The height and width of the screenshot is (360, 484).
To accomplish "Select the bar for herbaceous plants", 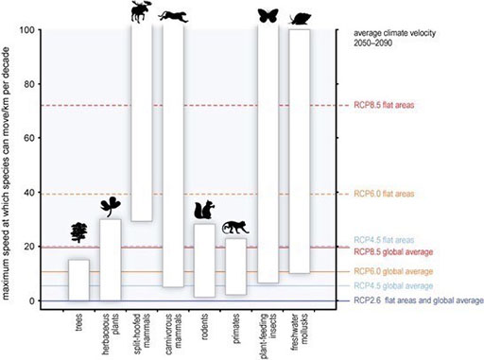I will pos(111,259).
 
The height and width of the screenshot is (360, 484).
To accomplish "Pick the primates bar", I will pos(235,266).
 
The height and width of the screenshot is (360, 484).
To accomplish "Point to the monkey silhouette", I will pos(234,227).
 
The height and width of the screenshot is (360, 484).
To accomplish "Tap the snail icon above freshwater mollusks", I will pos(301,17).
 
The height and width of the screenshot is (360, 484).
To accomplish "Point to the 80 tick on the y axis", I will pos(36,84).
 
